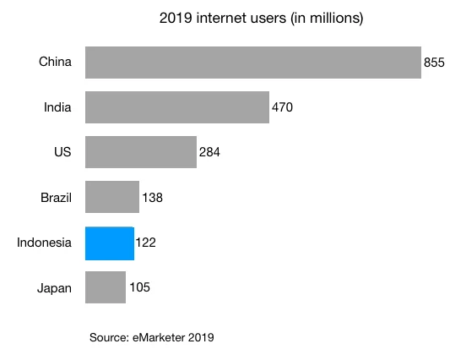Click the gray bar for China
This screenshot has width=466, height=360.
pos(253,63)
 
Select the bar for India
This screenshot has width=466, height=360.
pos(177,107)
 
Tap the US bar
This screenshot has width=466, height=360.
pos(141,152)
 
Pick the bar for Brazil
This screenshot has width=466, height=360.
pos(112,197)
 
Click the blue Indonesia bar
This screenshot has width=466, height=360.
pos(110,243)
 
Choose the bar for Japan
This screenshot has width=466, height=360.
pos(106,287)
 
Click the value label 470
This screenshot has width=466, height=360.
pos(282,108)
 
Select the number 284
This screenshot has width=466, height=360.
pos(209,153)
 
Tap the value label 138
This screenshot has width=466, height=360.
pos(152,198)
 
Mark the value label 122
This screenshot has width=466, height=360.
pos(145,243)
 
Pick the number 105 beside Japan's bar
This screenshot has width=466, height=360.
pos(139,288)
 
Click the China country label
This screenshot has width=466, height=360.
pos(55,62)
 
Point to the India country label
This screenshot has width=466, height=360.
pos(57,107)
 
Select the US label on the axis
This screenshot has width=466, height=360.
pos(62,152)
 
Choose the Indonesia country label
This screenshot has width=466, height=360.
pos(44,243)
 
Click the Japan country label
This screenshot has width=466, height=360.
pos(54,288)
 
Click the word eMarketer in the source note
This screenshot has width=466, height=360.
pos(161,338)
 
